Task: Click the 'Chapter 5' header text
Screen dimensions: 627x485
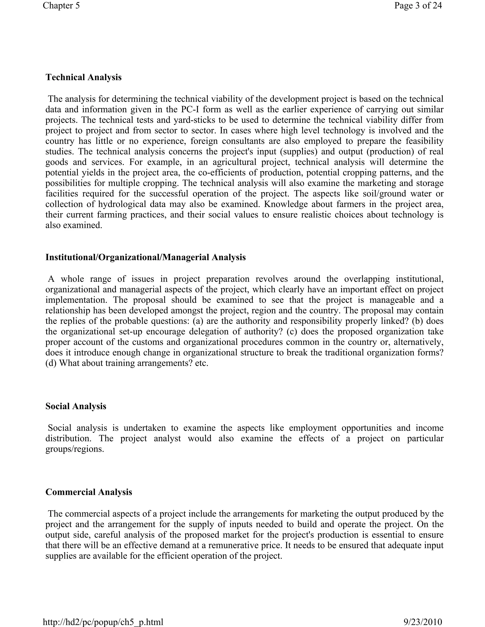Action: coord(61,5)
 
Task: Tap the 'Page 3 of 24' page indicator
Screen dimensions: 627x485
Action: coord(418,5)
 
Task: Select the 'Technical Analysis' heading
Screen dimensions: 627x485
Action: coord(83,77)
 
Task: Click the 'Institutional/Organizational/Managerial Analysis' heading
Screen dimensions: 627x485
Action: coord(145,257)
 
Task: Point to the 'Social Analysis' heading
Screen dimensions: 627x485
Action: coord(76,406)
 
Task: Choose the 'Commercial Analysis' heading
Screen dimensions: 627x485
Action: coord(89,492)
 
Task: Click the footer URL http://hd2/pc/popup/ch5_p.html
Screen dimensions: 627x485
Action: coord(103,622)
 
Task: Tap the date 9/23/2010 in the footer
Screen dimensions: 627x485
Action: coord(423,622)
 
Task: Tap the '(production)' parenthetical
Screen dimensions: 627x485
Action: coord(391,152)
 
